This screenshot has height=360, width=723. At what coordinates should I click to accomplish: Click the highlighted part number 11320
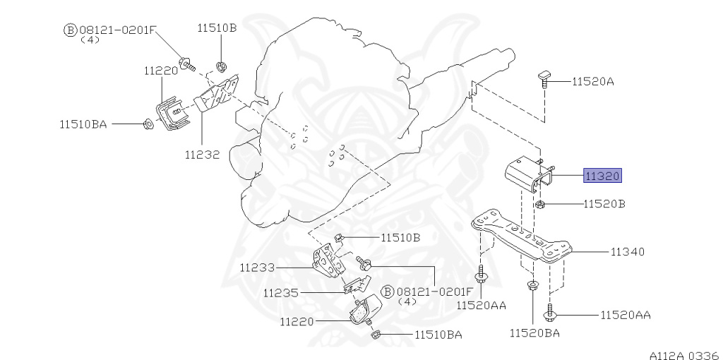coord(603,176)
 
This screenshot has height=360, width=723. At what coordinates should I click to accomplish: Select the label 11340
coord(628,252)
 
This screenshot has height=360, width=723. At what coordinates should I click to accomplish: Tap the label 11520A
coord(593,82)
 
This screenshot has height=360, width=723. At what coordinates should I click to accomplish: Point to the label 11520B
coord(604,204)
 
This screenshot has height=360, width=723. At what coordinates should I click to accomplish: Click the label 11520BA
coord(535,332)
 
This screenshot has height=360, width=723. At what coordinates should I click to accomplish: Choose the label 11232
coord(202,155)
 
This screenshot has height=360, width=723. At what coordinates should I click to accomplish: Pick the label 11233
coord(257,268)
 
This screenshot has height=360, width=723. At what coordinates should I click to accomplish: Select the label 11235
coord(281,293)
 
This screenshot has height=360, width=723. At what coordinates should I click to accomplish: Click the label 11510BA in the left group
coord(83,124)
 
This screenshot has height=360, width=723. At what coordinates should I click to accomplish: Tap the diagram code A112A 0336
coord(685,355)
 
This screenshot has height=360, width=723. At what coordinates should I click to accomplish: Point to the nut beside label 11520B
coord(541,205)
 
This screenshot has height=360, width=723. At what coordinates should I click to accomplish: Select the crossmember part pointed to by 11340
coord(522,236)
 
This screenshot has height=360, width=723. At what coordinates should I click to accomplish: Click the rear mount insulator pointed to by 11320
coord(527,174)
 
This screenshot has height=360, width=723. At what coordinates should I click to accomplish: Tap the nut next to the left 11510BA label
coord(148,124)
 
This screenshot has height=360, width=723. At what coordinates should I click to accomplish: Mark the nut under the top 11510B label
coord(221,66)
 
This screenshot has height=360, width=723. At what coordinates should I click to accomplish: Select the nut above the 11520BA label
coord(532,286)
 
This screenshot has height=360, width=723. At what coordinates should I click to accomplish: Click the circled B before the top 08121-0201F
coord(69,31)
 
